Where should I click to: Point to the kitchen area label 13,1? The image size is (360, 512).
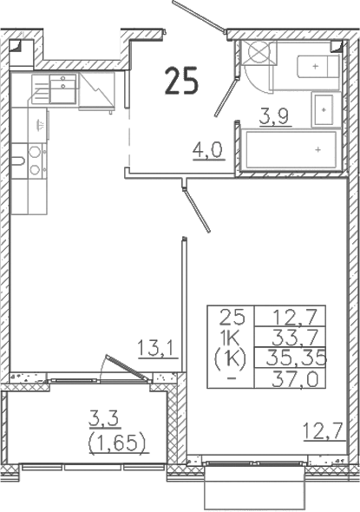159,350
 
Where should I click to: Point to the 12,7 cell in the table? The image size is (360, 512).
292,318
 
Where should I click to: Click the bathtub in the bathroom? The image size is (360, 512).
291,150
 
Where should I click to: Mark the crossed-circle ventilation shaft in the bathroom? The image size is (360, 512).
259,53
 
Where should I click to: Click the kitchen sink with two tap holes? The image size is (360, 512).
61,86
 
